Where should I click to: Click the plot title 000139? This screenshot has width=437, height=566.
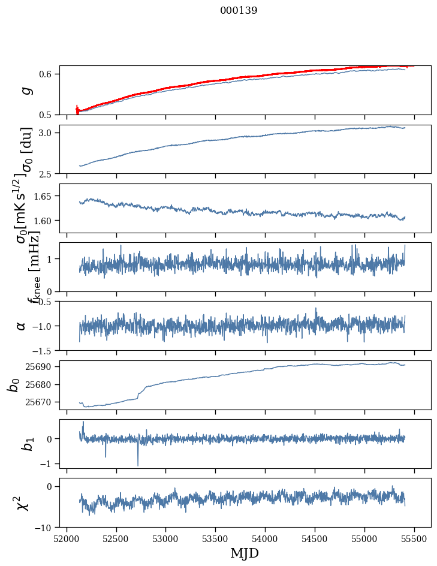tap(239, 10)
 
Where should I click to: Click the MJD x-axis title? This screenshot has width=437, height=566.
tap(245, 553)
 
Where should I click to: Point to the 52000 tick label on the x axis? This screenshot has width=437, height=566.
tap(67, 539)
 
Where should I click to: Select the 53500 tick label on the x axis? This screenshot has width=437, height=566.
tap(215, 539)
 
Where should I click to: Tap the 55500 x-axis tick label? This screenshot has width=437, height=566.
tap(414, 539)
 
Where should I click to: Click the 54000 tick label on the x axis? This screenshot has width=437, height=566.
tap(265, 539)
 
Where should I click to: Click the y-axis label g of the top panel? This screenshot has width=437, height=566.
tap(25, 90)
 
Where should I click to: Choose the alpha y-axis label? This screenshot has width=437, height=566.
tap(22, 326)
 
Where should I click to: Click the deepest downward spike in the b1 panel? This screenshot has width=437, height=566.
tap(138, 465)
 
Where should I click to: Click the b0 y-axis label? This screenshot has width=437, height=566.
tap(13, 384)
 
